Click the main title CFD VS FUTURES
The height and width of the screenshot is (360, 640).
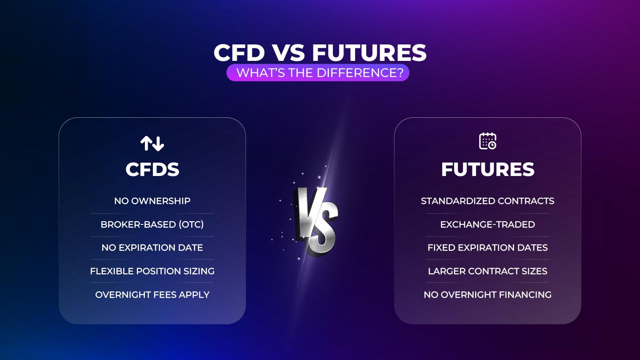point(320,53)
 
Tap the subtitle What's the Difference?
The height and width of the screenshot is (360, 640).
point(317,73)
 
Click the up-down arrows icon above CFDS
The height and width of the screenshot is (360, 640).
point(152,143)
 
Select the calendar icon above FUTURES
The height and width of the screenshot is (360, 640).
point(488,141)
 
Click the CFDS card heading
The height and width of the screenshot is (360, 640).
point(152,169)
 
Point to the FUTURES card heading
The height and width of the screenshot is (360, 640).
point(488,169)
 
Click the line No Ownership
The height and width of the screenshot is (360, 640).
point(152,201)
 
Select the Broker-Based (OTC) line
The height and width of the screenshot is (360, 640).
point(152,224)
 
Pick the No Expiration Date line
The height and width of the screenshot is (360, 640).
point(152,248)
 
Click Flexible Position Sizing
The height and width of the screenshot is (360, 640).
point(152,271)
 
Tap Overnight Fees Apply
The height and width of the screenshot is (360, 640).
point(152,294)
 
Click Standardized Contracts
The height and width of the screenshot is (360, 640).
point(488,201)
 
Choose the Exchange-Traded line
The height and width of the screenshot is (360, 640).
point(488,224)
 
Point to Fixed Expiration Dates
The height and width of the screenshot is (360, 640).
point(488,248)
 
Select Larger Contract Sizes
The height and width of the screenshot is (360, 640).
point(488,271)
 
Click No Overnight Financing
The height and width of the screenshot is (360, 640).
point(488,294)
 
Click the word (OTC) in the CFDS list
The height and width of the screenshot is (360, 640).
point(191,224)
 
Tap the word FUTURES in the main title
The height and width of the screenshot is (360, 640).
point(369,53)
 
